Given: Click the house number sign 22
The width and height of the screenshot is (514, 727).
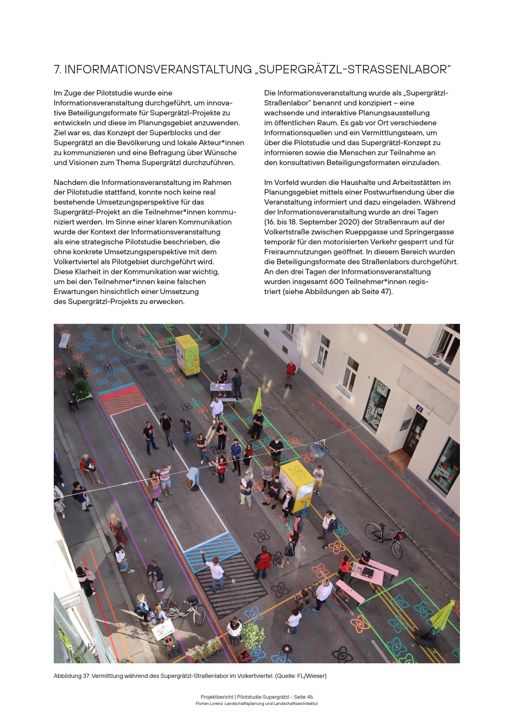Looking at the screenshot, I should coord(420,408).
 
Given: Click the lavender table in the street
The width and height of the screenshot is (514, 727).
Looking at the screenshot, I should coord(223,387).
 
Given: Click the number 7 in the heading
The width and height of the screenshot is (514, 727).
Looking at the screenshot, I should coord(57,70).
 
